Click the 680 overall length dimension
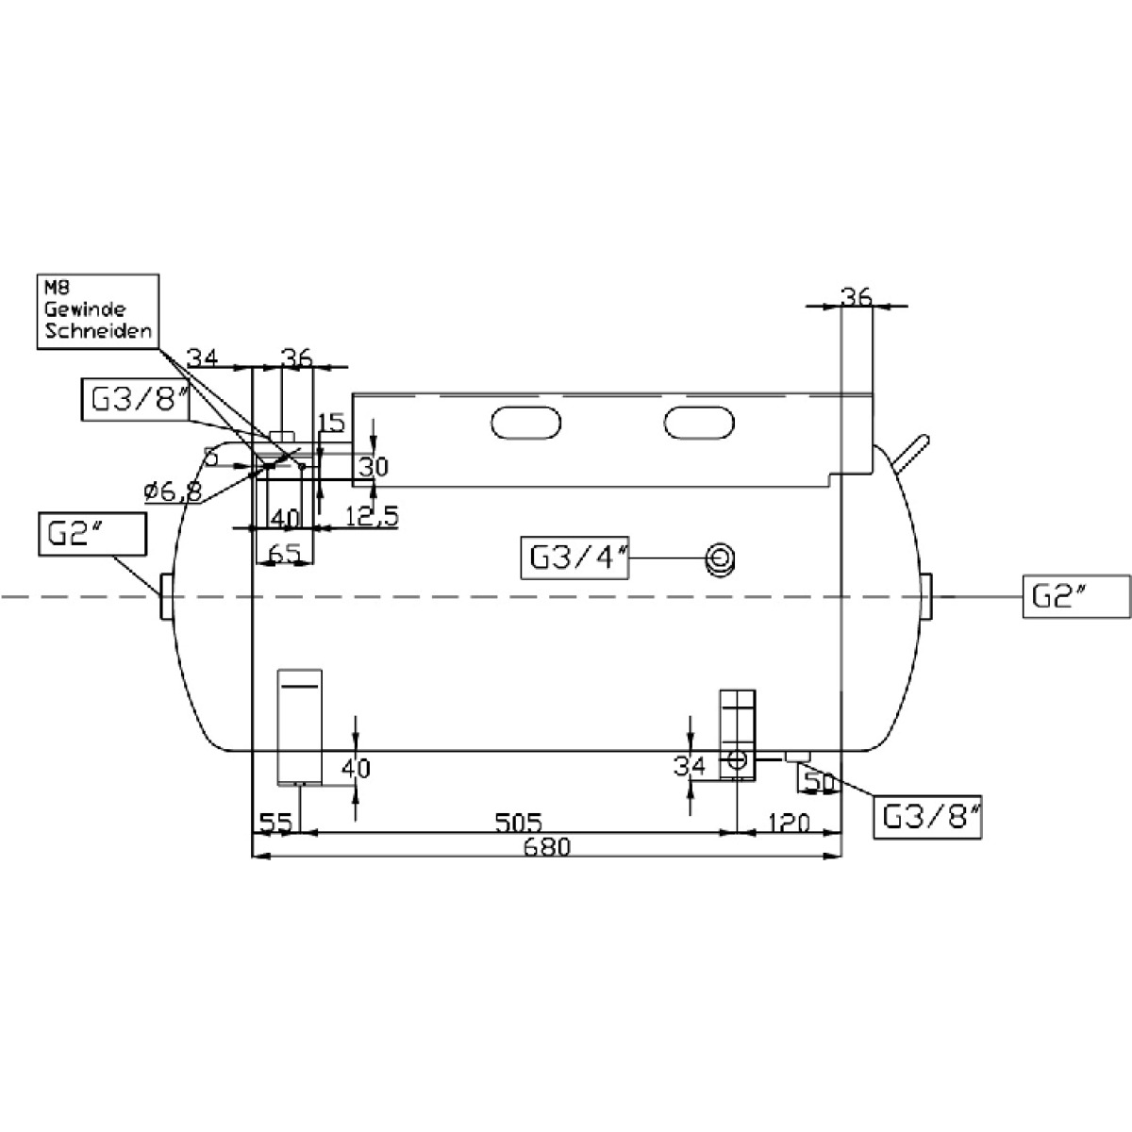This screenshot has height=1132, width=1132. pos(548,847)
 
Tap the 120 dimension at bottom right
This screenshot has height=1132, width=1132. pos(789,823)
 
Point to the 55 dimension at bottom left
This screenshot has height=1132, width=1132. pos(275,823)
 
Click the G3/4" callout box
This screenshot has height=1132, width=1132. pos(574,557)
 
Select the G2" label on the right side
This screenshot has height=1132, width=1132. pos(1076,597)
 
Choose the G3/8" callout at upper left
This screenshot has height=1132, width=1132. pos(135,400)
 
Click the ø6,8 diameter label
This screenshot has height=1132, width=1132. pos(172,491)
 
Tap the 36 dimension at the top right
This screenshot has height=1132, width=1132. pos(857,296)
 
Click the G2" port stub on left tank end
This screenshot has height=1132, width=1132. pos(166,596)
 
